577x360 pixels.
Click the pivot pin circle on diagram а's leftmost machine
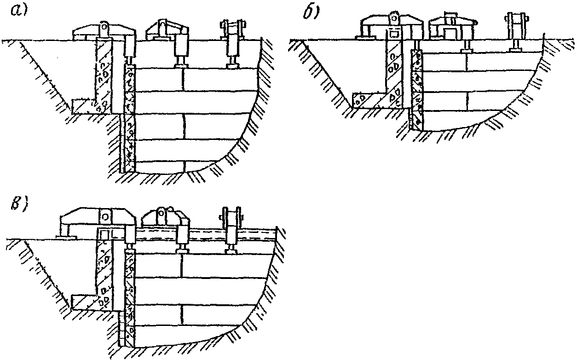click(x=105, y=29)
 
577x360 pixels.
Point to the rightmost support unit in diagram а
click(x=233, y=44)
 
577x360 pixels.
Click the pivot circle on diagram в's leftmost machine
click(x=105, y=215)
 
